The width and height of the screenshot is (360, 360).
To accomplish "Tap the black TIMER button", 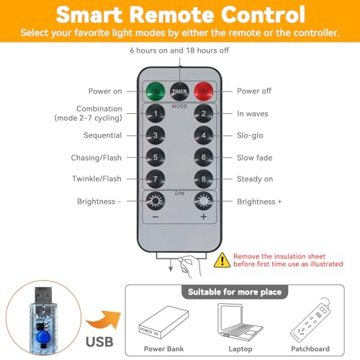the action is tap(179, 91).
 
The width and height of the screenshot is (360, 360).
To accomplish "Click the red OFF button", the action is tap(204, 91).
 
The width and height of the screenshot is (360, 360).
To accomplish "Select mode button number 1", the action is tap(156, 114).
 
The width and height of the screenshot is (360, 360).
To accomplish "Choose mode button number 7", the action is tap(156, 179).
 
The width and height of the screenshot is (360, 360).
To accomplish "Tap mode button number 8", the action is tap(204, 179).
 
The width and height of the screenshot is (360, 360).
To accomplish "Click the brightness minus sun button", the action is tap(156, 201).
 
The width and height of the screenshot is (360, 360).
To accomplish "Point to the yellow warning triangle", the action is tap(222, 260).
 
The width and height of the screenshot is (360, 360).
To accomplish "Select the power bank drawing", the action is tap(163, 322).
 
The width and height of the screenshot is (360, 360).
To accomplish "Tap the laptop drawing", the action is tap(240, 322).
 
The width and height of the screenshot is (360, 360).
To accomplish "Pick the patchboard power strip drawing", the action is tap(310, 320).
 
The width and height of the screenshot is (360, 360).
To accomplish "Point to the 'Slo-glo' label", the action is tap(250, 135).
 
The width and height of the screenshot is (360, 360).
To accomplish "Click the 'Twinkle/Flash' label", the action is tap(96, 179).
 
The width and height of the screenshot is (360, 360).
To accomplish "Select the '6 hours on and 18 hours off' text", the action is tap(179, 50).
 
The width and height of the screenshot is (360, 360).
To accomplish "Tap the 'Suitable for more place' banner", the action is tap(235, 292).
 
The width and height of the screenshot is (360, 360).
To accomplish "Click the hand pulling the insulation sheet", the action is tap(189, 266).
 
